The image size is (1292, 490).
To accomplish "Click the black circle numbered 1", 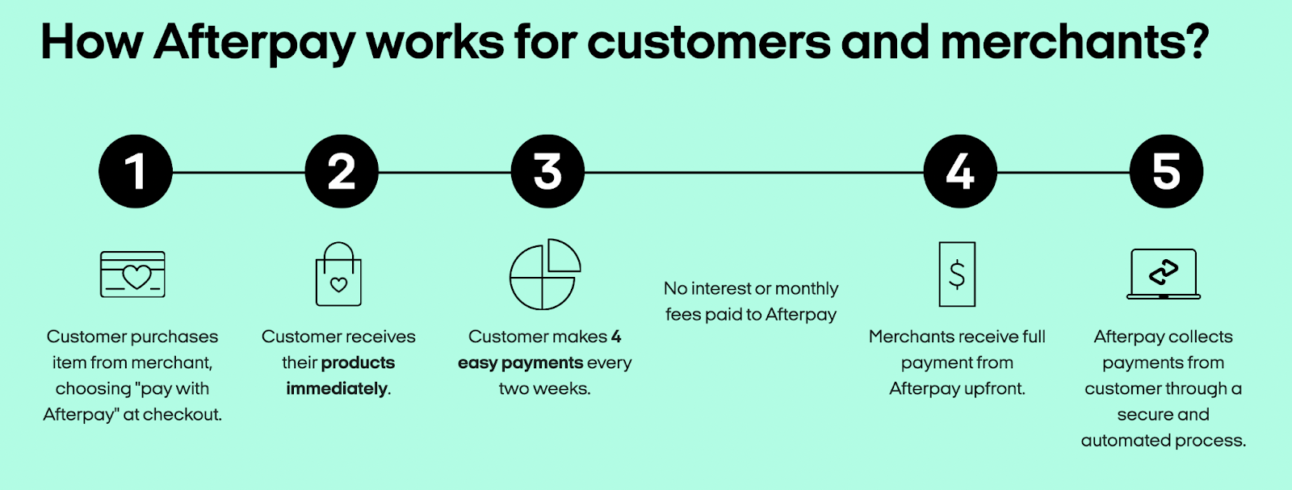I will click(136, 171).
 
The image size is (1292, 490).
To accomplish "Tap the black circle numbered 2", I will click(342, 171).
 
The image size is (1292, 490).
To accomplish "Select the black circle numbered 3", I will click(547, 171).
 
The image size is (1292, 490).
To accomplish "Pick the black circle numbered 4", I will click(960, 171).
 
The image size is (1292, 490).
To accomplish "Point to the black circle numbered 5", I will click(1166, 171).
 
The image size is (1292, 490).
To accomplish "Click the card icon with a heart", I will click(132, 274).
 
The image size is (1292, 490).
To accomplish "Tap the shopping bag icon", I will click(338, 274).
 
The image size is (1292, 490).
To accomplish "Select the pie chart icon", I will click(545, 274).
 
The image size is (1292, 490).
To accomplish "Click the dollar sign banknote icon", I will click(957, 274).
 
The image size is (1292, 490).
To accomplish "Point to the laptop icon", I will click(1164, 274).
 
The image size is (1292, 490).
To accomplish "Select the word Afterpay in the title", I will click(254, 42).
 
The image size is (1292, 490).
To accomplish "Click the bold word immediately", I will click(337, 388).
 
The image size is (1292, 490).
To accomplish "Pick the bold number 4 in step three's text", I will click(616, 337).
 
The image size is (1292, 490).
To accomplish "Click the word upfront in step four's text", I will click(994, 389).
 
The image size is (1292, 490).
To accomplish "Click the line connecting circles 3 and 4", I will click(753, 172).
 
